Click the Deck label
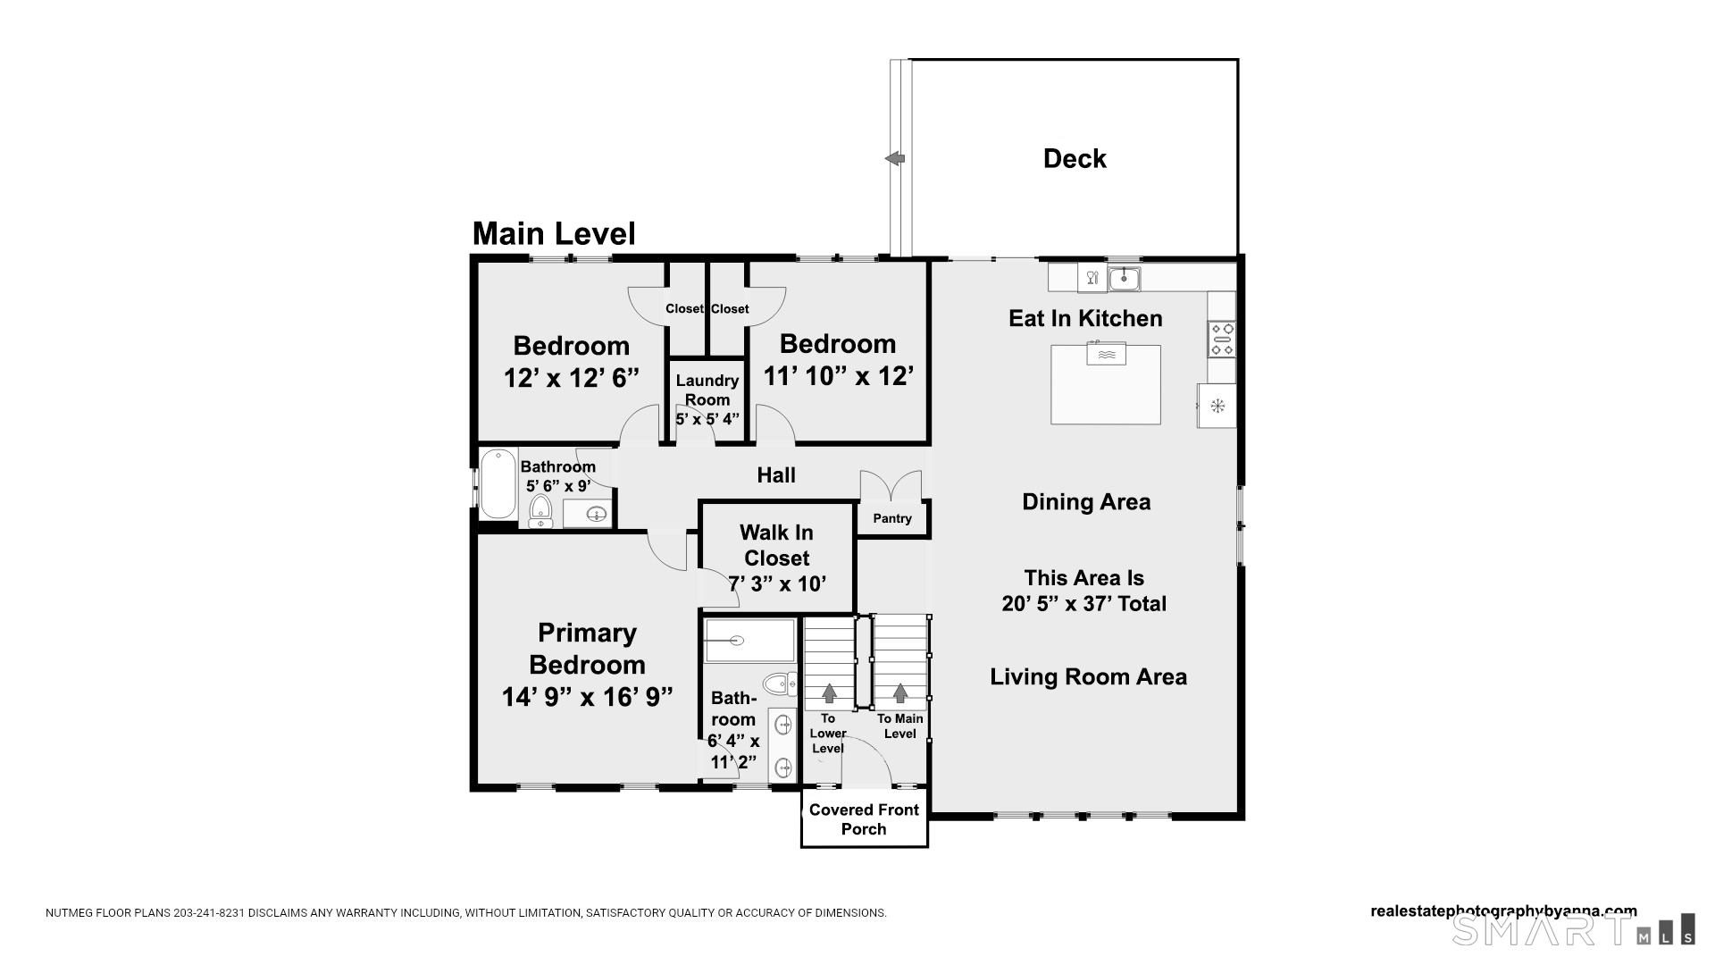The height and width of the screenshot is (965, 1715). point(1075,159)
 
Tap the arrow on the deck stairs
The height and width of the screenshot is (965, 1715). point(894,159)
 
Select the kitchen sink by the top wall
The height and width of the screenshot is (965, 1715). point(1124,279)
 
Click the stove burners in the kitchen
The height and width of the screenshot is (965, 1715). point(1221,340)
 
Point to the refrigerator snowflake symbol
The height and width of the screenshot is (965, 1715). point(1217,407)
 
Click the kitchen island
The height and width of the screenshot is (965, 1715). point(1106,384)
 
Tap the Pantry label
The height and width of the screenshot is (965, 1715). point(892,518)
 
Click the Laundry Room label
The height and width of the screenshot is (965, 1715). point(707,390)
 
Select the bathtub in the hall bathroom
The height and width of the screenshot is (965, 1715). point(498,483)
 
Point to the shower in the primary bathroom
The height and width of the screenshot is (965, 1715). point(749,641)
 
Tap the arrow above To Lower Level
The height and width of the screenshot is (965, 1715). point(829,692)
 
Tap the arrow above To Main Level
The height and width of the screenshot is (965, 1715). point(900,692)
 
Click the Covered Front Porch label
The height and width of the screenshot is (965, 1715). point(864,819)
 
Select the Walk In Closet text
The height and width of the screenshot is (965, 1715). point(776,545)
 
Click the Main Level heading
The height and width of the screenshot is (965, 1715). point(554,233)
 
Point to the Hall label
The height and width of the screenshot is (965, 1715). point(776,475)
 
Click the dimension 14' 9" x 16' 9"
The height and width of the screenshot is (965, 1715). point(587,697)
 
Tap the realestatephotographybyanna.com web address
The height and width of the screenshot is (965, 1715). point(1503,911)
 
